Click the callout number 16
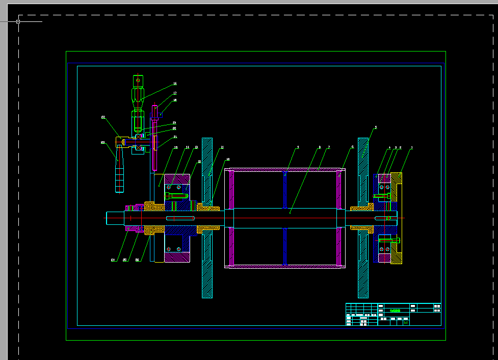pyautogui.click(x=175, y=84)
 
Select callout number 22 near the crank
pyautogui.click(x=103, y=117)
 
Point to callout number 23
pyautogui.click(x=102, y=143)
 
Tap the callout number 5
pyautogui.click(x=376, y=127)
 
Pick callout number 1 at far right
pyautogui.click(x=412, y=148)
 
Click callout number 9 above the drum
pyautogui.click(x=298, y=147)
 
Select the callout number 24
pyautogui.click(x=113, y=260)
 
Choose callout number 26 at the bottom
pyautogui.click(x=137, y=260)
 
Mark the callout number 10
pyautogui.click(x=228, y=160)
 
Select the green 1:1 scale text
pyautogui.click(x=406, y=322)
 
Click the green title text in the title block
pyautogui.click(x=395, y=310)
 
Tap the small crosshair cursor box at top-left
pyautogui.click(x=18, y=21)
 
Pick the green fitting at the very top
pyautogui.click(x=138, y=80)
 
